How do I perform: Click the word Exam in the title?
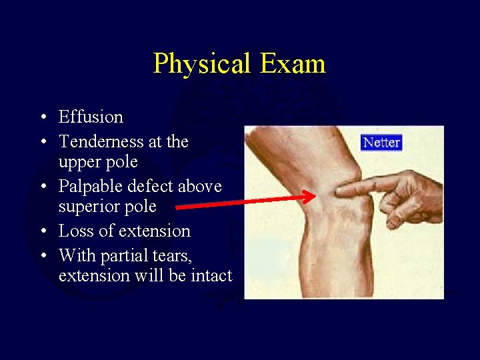tap(293, 64)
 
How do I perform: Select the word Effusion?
tap(91, 117)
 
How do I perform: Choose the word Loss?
tap(76, 231)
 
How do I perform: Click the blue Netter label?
tap(381, 143)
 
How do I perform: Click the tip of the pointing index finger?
tap(339, 191)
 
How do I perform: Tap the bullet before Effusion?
tap(43, 118)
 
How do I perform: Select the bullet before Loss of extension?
tap(43, 232)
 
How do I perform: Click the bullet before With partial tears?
tap(43, 257)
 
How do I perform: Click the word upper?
tap(79, 162)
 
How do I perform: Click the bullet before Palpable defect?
tap(43, 187)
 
